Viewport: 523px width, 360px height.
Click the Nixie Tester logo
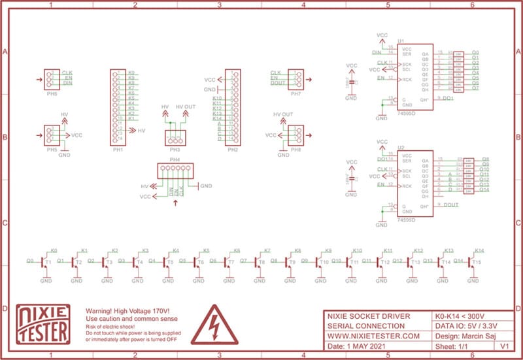(x=43, y=323)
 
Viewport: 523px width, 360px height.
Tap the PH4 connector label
(x=175, y=159)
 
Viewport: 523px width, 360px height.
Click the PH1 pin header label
(x=118, y=150)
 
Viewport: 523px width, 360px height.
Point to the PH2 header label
(x=232, y=150)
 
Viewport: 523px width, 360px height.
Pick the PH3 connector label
(x=174, y=150)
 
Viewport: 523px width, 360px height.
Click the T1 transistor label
(x=48, y=262)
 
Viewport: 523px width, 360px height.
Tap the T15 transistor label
(x=477, y=262)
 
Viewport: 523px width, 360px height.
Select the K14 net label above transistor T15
(x=479, y=250)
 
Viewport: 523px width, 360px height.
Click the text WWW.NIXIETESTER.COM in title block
(x=373, y=336)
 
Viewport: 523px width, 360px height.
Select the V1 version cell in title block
(x=504, y=346)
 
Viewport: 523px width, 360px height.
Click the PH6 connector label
(x=52, y=93)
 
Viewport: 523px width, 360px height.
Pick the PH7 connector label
(x=295, y=93)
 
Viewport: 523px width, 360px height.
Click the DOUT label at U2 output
(x=451, y=205)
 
